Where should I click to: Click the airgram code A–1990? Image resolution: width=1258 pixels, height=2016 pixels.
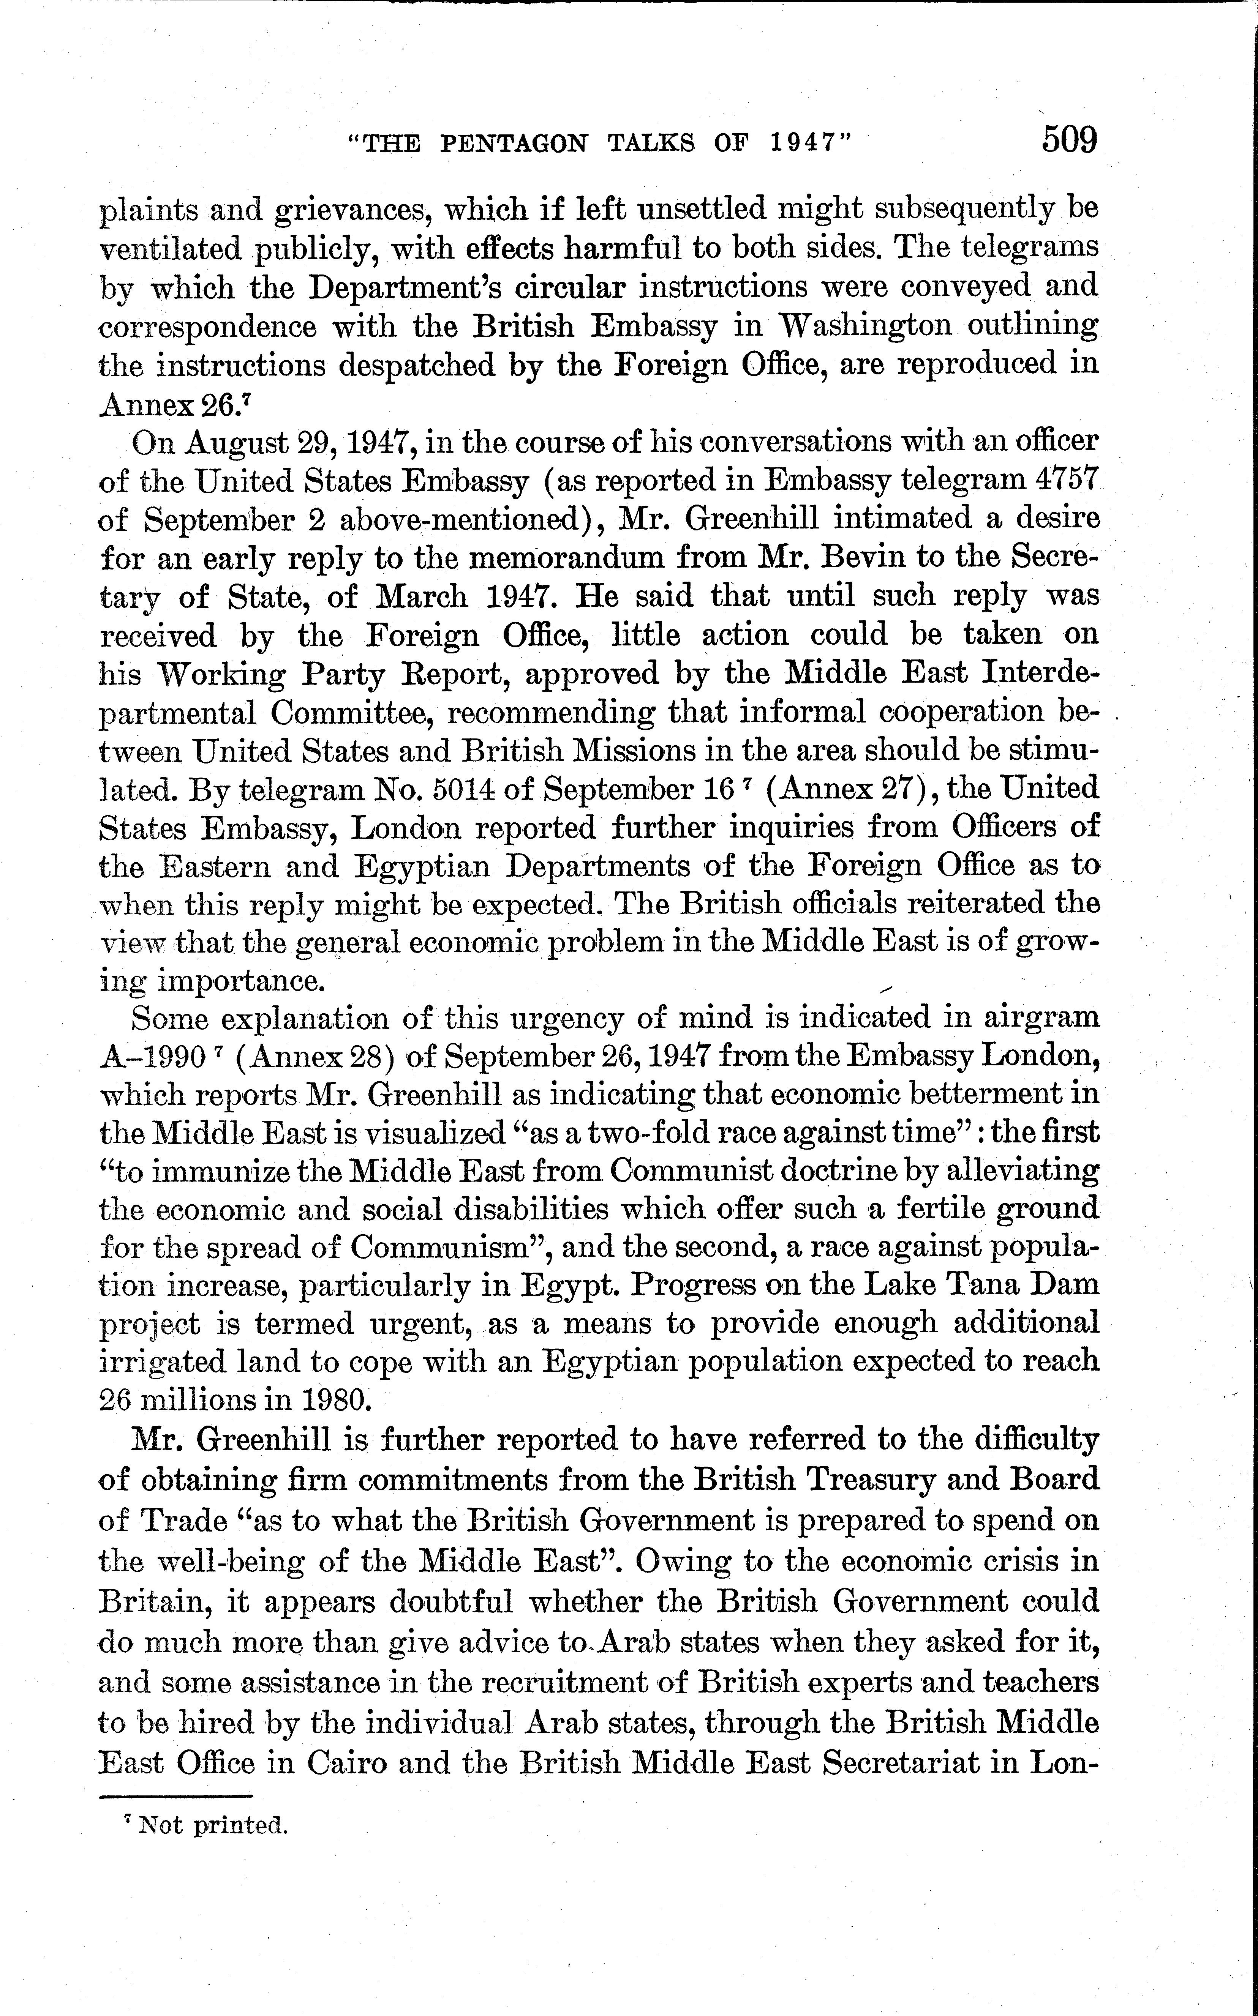pos(152,1057)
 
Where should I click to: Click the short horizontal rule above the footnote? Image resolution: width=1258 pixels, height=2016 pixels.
pos(175,1795)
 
